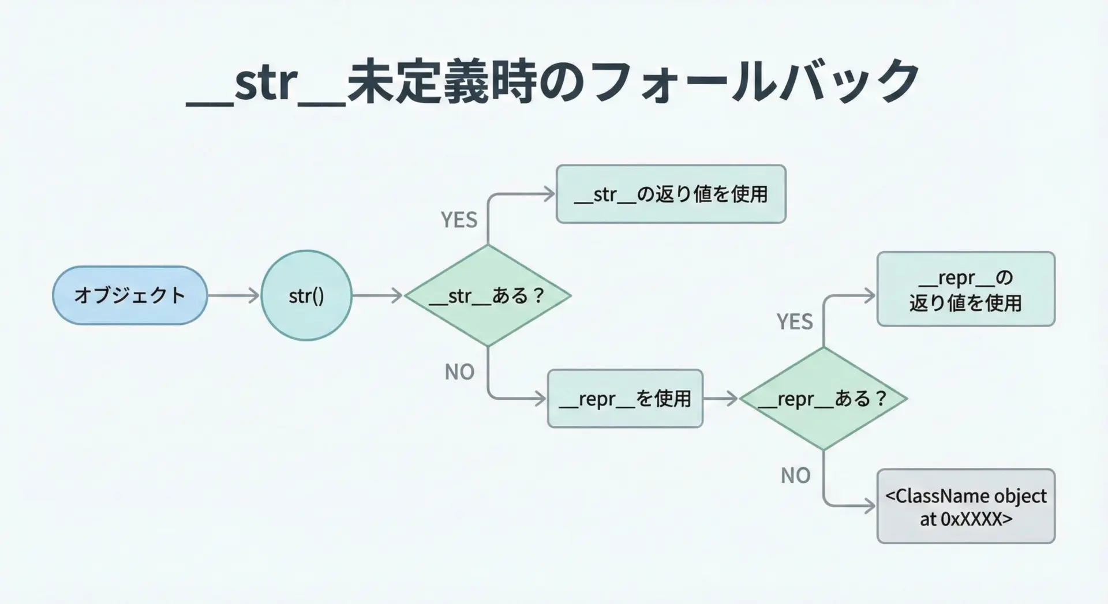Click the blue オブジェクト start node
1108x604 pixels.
(x=129, y=295)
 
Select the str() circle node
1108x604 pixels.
(x=306, y=295)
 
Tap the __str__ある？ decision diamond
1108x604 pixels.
(x=488, y=295)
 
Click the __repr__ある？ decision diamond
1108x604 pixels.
(x=823, y=399)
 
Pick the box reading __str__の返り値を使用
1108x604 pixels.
(x=671, y=194)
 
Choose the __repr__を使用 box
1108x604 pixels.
(x=625, y=399)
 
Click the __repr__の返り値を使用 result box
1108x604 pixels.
(x=965, y=290)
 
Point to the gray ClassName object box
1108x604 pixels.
(x=965, y=507)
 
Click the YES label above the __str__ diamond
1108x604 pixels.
(x=459, y=220)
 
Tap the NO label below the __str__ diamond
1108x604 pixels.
(x=459, y=372)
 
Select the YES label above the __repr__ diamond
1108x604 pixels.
(x=794, y=322)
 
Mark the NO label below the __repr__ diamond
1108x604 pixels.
(x=795, y=476)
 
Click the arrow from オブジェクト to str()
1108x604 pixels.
(x=233, y=295)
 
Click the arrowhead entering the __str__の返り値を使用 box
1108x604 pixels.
(x=549, y=194)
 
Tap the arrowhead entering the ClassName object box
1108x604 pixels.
(x=869, y=507)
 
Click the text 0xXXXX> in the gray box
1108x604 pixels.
(x=976, y=519)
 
